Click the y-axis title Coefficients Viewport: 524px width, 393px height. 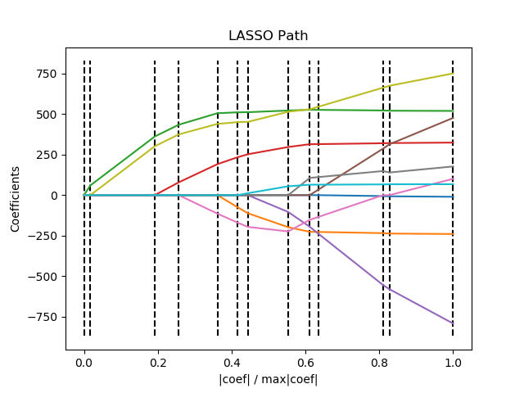[x=16, y=199]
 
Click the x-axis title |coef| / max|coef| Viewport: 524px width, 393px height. [x=268, y=379]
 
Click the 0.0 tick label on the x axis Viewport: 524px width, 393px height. [x=84, y=361]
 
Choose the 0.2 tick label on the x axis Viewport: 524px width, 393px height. [x=158, y=361]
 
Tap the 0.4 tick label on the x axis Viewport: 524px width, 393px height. [x=232, y=361]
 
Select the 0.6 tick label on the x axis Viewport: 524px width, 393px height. [x=305, y=361]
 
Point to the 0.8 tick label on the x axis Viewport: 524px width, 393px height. [x=379, y=361]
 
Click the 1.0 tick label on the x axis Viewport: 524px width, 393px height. [x=453, y=361]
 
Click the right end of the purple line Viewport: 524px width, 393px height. [x=453, y=323]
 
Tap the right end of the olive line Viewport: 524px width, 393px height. [x=453, y=74]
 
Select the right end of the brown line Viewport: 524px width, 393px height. [x=453, y=118]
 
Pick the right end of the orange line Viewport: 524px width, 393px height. [x=453, y=234]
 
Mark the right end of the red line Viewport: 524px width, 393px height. [x=453, y=142]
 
